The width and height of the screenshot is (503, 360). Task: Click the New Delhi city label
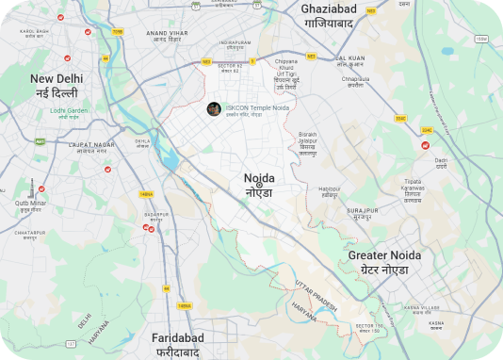[x=56, y=85]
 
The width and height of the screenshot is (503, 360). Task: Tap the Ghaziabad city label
[x=340, y=16]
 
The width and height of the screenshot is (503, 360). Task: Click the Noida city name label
[x=259, y=184]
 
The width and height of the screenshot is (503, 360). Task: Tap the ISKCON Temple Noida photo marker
[x=214, y=108]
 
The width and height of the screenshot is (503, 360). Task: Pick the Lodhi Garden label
[x=69, y=111]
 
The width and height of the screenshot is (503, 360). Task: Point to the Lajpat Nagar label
[x=92, y=148]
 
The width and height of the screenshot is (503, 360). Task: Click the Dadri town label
[x=441, y=164]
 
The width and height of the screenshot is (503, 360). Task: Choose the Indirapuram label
[x=235, y=42]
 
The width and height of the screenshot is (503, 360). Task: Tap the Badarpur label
[x=155, y=218]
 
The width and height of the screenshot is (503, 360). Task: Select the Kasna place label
[x=435, y=325]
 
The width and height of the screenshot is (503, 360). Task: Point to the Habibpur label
[x=330, y=192]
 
